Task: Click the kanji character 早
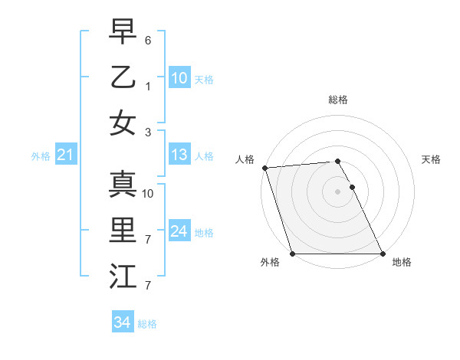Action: (x=123, y=31)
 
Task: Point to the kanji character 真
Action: (x=123, y=184)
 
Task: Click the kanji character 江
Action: (x=123, y=277)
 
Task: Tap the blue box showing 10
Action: (x=179, y=78)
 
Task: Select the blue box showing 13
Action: (x=179, y=155)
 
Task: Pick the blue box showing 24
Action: (x=179, y=232)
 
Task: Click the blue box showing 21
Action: (x=65, y=155)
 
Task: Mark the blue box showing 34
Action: (x=122, y=322)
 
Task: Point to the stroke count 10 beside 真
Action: (x=148, y=193)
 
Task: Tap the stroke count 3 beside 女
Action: (x=148, y=132)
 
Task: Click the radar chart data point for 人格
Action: (x=264, y=168)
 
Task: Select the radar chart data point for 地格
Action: (x=383, y=254)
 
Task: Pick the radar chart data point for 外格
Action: (x=292, y=254)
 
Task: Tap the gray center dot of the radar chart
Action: (x=337, y=191)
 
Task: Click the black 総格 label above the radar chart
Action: (x=337, y=100)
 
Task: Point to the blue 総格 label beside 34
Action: (x=147, y=324)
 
